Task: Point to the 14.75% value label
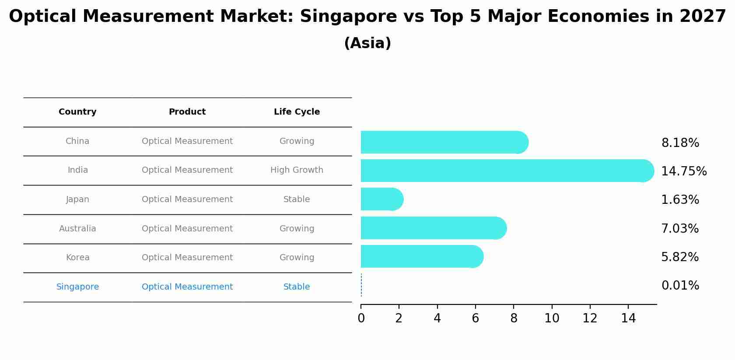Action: tap(683, 171)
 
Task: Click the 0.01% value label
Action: tap(680, 286)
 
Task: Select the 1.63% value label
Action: tap(680, 200)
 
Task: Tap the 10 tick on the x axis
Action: tap(552, 318)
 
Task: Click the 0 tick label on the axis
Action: tap(361, 318)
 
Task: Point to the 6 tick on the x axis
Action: tap(475, 318)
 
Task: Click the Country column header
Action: tap(77, 112)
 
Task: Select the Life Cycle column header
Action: tap(297, 112)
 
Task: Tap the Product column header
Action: tap(187, 112)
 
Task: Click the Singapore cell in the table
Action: tap(77, 287)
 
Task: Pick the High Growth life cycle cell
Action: tap(297, 170)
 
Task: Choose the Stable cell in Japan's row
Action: tap(297, 199)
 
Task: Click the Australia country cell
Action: tap(77, 229)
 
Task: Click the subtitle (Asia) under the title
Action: tap(367, 43)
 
